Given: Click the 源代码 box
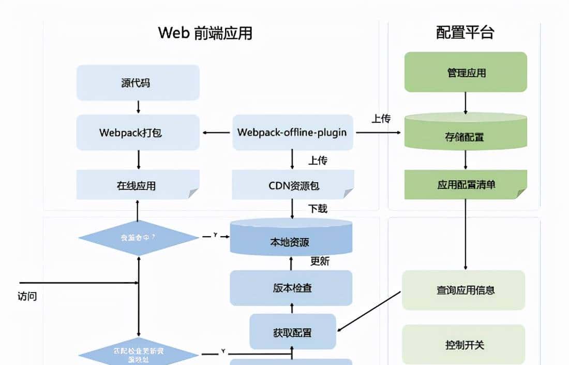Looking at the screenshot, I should tap(138, 82).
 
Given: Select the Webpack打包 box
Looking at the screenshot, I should tap(138, 133).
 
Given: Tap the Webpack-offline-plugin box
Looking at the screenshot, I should tap(292, 133).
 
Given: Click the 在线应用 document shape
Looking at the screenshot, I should tap(138, 185).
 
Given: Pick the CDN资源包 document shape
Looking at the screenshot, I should tap(292, 185).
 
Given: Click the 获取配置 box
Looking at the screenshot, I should tap(293, 331).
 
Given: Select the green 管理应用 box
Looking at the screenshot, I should tap(466, 72).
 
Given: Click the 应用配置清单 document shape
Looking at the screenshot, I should tap(466, 184).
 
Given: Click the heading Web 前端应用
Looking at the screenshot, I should tap(205, 33).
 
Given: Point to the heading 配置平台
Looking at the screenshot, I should tap(465, 33).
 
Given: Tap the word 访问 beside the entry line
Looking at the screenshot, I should tap(27, 297).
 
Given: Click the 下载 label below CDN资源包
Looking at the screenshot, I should tap(318, 209).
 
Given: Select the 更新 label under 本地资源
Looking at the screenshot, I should tap(320, 261).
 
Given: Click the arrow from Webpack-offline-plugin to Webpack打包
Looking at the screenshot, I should tap(216, 133).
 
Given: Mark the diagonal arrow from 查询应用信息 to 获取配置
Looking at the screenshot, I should tap(369, 311).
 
